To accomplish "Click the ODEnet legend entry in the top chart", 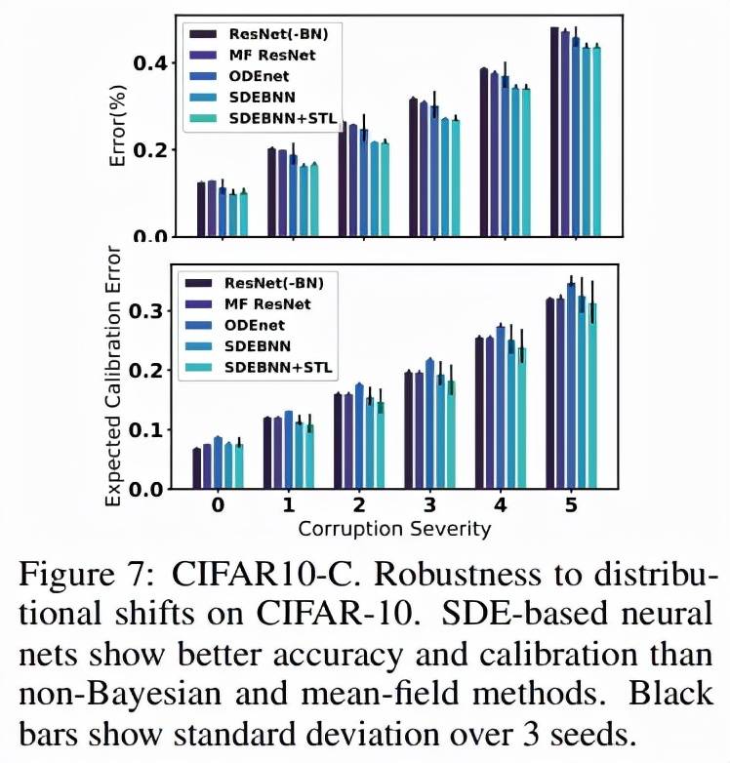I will (x=259, y=76).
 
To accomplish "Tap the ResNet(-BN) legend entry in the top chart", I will (x=271, y=33).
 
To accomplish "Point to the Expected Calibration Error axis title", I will (x=113, y=384).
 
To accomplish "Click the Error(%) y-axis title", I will (x=118, y=126).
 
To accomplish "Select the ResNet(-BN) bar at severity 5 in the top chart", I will (x=554, y=132).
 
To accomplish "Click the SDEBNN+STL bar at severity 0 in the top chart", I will (x=243, y=215).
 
